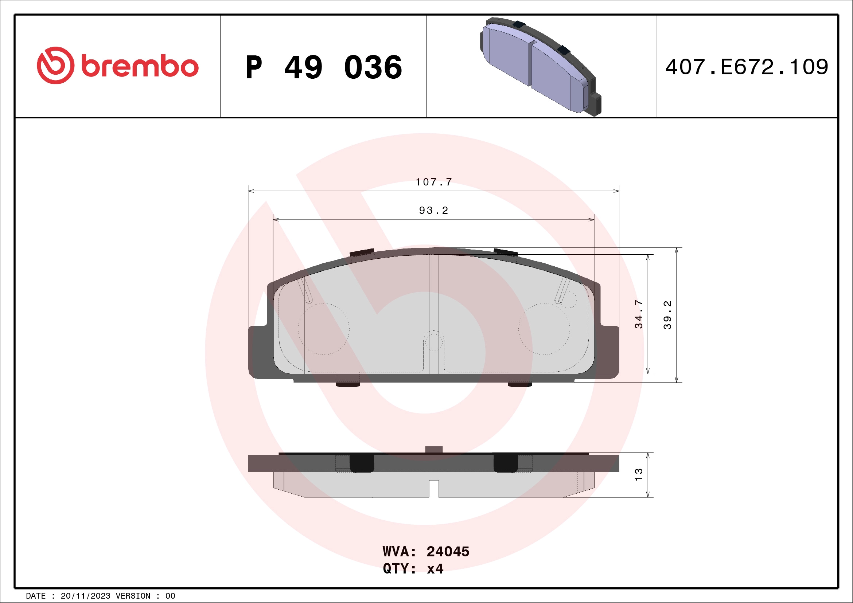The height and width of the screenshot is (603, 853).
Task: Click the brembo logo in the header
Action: point(117,66)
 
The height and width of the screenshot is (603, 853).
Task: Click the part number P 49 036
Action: point(324,67)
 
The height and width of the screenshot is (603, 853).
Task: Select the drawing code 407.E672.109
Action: point(747,67)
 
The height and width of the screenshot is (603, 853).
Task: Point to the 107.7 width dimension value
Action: point(433,182)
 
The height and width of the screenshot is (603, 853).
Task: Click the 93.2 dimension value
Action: point(433,211)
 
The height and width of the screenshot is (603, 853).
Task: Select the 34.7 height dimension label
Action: point(638,314)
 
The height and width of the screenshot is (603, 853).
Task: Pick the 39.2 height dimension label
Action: point(667,315)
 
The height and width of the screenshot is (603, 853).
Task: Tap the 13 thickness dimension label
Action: point(638,474)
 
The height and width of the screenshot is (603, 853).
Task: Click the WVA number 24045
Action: point(448,552)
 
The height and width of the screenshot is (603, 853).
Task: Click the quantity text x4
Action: point(435,569)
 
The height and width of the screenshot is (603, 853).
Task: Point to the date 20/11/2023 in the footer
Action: point(85,596)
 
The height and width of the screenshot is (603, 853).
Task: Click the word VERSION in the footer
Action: point(133,596)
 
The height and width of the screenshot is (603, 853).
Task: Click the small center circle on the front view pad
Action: point(433,341)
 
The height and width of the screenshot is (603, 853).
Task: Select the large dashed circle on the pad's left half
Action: point(324,329)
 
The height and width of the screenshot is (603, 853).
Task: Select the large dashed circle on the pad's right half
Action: point(544,329)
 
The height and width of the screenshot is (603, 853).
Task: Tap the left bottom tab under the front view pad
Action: point(348,380)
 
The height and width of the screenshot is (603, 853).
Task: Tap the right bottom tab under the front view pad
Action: point(520,380)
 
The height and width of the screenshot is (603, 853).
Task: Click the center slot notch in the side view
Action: point(433,488)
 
